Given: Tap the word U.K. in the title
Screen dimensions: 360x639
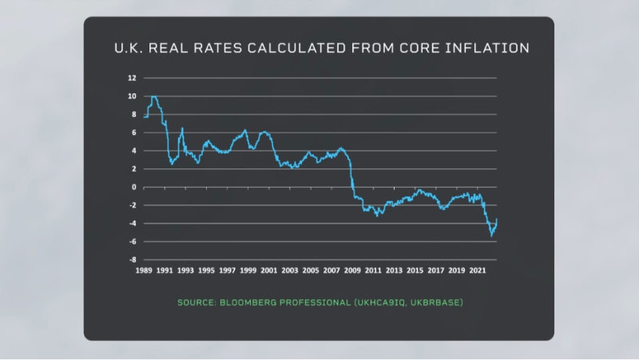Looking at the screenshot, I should (x=130, y=49).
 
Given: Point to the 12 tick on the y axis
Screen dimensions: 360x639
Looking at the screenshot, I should (x=132, y=78).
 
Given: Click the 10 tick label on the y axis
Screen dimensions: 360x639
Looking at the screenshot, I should (x=132, y=97).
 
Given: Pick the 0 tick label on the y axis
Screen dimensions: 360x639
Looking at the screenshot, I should (x=134, y=188).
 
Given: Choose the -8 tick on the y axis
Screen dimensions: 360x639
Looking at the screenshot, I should (x=132, y=260).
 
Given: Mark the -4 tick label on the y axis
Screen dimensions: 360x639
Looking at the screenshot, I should (x=132, y=224).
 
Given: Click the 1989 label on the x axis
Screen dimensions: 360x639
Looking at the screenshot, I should (x=144, y=271).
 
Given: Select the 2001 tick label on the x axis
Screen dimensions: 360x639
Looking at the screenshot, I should (x=268, y=271).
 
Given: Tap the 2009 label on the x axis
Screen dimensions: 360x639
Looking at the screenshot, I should (x=352, y=271).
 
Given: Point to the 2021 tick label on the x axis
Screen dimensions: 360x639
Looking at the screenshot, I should (x=477, y=271).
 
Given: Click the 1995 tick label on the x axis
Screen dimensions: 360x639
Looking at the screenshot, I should (x=206, y=271).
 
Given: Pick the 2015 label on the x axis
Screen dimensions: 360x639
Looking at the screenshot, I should (x=415, y=271).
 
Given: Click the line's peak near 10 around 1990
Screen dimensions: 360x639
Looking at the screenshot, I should (x=153, y=97).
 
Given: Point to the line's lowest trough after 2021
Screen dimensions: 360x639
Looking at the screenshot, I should (x=491, y=236).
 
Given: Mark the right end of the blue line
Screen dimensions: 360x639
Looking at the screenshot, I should (x=497, y=220).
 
